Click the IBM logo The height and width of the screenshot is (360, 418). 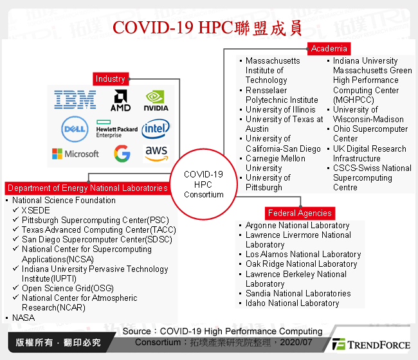pos(75,100)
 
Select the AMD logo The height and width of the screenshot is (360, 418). pos(120,100)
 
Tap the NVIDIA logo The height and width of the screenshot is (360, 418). pos(156,100)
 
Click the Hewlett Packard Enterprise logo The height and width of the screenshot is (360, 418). pos(116,129)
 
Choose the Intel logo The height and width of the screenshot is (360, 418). pos(156,129)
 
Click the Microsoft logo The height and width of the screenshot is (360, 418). pos(75,154)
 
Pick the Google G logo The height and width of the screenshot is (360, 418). pos(122,154)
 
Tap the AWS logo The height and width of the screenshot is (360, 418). pos(156,153)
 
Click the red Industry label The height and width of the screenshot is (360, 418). pos(110,78)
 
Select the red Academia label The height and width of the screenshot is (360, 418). pos(329,48)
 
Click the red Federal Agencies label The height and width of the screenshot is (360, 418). pos(300,213)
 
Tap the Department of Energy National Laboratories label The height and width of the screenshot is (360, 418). pos(87,188)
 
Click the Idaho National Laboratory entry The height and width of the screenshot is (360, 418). pos(292,303)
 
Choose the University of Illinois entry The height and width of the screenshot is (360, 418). pos(280,109)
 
